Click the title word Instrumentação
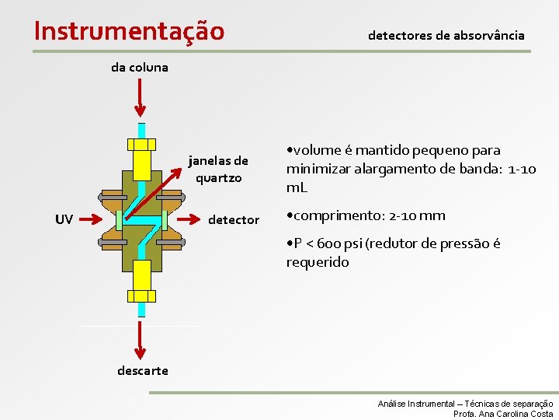point(130,30)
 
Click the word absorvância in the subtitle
point(489,36)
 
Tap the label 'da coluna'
point(140,67)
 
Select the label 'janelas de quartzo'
point(218,170)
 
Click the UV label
point(64,220)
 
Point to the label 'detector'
point(234,220)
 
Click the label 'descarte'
point(142,370)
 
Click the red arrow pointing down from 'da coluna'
point(141,97)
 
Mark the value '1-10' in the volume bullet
point(522,170)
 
